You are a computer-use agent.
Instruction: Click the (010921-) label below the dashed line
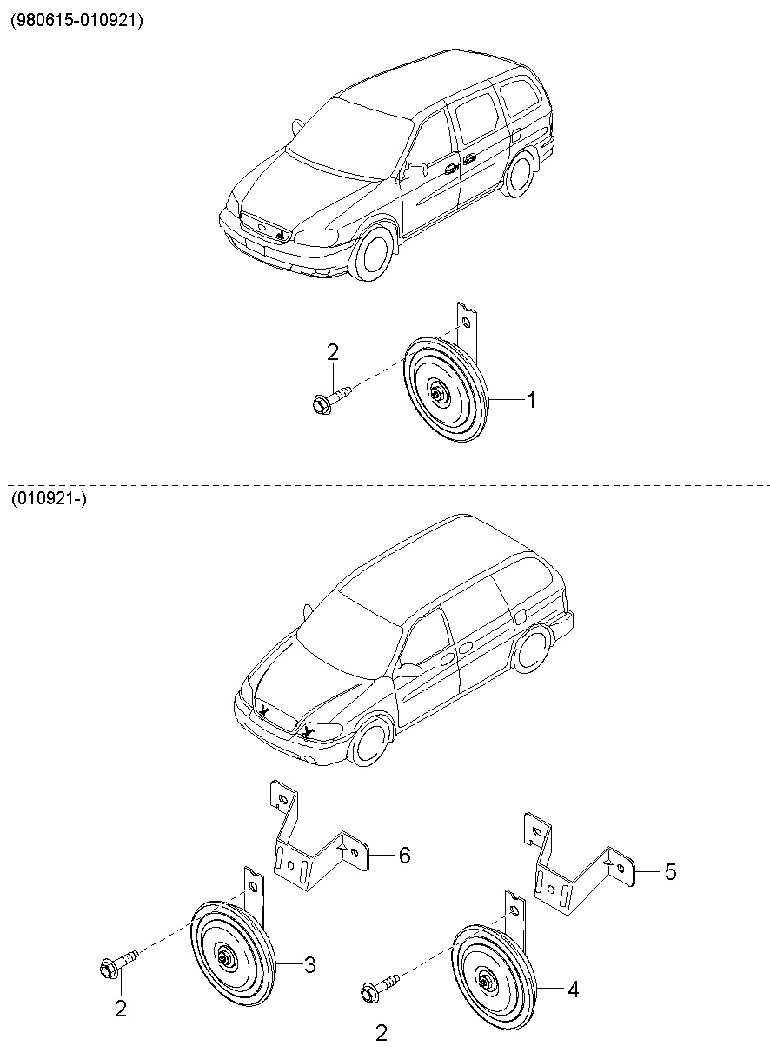(x=49, y=498)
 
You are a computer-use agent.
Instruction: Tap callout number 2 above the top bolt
(x=332, y=352)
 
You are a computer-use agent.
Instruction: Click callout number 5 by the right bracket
(x=669, y=870)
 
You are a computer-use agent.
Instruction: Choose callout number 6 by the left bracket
(x=404, y=856)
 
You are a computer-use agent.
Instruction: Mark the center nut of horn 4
(x=484, y=983)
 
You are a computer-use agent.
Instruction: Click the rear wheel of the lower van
(x=530, y=650)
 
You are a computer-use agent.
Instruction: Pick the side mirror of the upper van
(x=415, y=170)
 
